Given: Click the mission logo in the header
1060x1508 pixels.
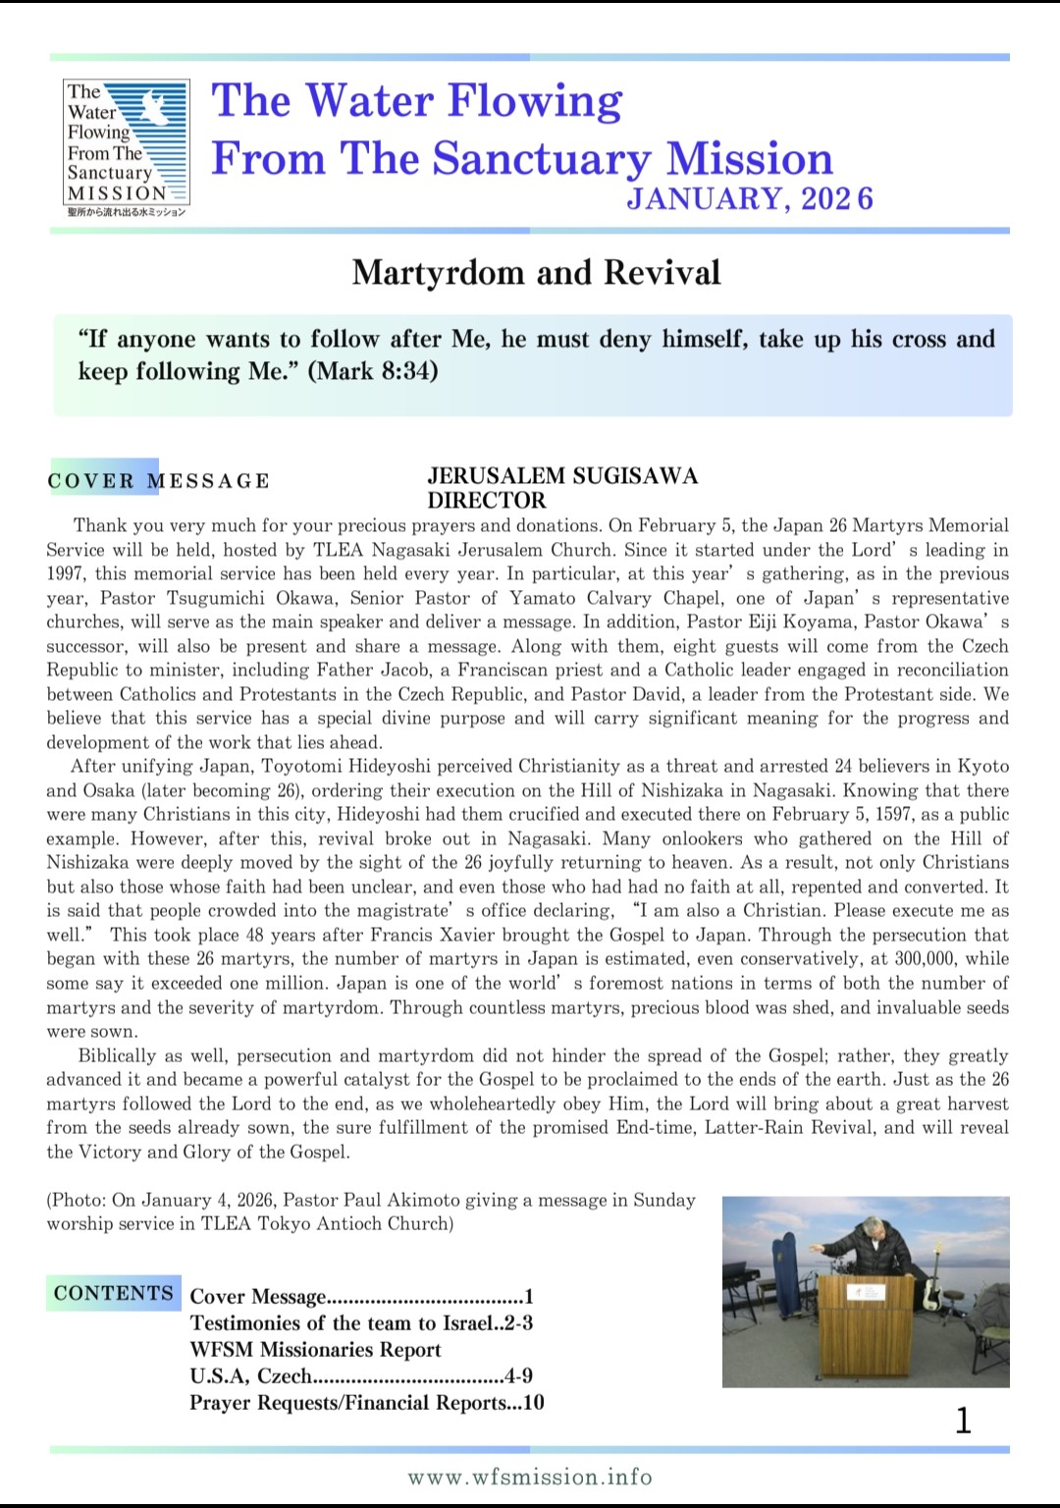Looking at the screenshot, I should (126, 148).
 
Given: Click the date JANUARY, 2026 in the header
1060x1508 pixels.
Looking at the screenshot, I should (749, 199).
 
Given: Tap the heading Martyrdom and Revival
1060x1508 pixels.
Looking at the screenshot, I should (536, 273).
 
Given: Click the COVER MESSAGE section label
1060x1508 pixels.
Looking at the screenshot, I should (158, 481).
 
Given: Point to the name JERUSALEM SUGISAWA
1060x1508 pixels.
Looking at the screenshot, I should (562, 476).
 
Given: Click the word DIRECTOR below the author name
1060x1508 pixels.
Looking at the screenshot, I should (487, 500).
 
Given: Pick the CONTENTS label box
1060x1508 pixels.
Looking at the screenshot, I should (113, 1293).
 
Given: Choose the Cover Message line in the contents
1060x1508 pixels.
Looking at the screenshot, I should (361, 1297).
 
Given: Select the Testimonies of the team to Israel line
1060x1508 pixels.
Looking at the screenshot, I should (361, 1323).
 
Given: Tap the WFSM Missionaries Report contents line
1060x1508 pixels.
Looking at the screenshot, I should (315, 1350).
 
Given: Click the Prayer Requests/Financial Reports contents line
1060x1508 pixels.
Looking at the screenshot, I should (367, 1403).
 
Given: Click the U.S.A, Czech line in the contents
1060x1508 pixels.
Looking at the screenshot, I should (361, 1376).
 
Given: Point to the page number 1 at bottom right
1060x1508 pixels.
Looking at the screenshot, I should (963, 1420).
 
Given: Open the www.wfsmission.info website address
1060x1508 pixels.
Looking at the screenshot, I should (530, 1477).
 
